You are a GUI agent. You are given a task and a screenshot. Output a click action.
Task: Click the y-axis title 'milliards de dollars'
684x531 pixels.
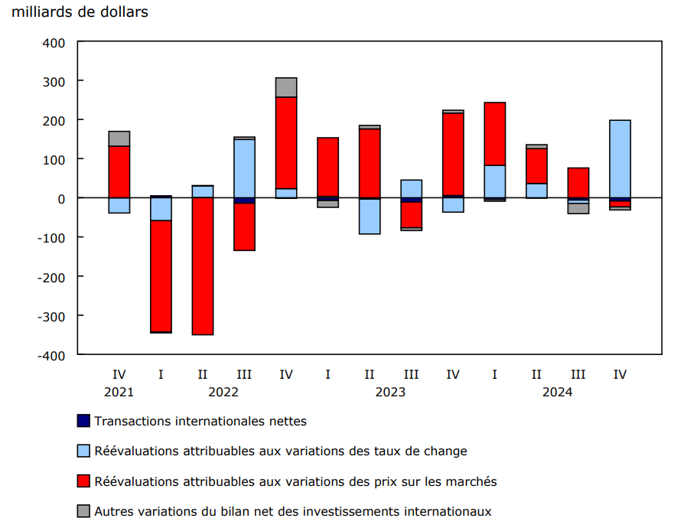click(80, 12)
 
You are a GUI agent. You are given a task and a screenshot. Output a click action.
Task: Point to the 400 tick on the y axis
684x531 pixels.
click(55, 42)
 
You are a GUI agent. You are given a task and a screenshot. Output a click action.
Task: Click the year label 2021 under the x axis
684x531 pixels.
click(119, 392)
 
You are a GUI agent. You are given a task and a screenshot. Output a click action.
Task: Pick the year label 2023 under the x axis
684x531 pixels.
click(390, 392)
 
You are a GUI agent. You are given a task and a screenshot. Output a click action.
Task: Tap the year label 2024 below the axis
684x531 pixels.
click(557, 392)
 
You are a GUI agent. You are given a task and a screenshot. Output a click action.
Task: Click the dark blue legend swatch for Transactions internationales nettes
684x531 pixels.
click(83, 420)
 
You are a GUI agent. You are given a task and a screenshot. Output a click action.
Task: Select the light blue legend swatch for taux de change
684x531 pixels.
click(83, 451)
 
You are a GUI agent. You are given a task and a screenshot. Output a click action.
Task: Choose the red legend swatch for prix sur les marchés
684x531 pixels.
click(83, 481)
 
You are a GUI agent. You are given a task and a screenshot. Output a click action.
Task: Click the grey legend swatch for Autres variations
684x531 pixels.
click(83, 511)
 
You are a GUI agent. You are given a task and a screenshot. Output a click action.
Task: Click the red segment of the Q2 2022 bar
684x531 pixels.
click(203, 266)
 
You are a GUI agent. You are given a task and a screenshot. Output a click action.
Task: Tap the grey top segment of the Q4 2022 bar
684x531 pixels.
click(286, 87)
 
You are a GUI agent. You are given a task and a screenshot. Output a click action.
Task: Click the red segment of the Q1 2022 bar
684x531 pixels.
click(161, 276)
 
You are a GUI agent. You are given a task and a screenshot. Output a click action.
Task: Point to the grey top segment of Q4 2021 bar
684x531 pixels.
click(119, 138)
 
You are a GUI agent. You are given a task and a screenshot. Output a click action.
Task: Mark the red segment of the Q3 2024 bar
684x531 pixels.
click(578, 182)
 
